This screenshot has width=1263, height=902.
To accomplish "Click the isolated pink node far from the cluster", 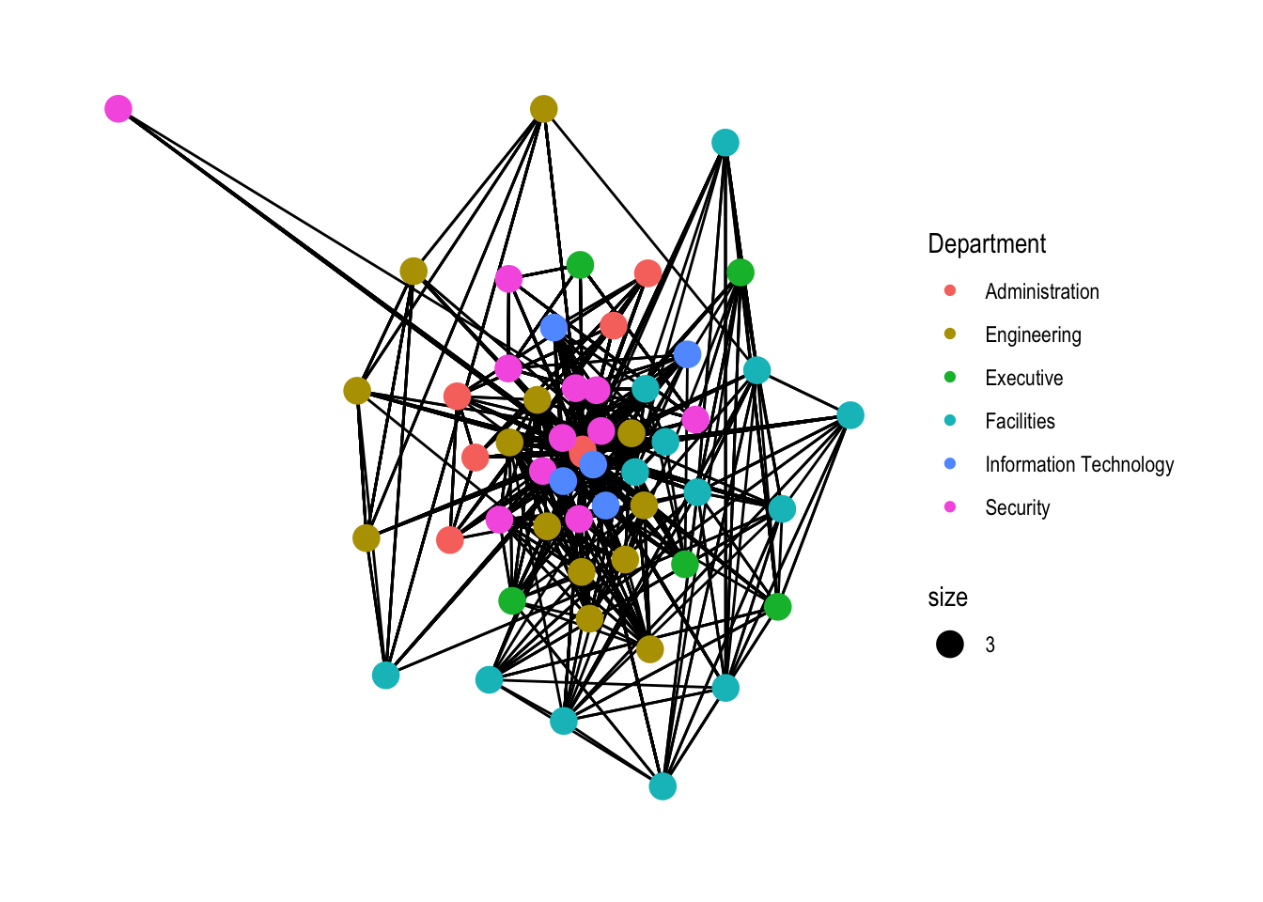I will point(117,109).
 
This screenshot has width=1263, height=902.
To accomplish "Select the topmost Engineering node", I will point(543,109).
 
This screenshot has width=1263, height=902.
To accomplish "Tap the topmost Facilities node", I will point(725,143).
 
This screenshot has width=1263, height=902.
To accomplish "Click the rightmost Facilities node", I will point(850,414).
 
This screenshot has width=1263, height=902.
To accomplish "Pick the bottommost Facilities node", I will point(663,786).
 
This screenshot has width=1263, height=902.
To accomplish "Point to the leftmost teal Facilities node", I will point(385,675).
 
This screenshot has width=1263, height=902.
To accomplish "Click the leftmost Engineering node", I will point(357,390).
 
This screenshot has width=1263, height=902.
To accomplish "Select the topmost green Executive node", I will point(580,265).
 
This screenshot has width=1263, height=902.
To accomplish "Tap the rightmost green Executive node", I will point(777,606).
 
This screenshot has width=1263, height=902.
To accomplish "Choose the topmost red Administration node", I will point(647,273).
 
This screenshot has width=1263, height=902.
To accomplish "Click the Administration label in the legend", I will point(1041,291).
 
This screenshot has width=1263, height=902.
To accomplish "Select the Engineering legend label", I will point(1033,334).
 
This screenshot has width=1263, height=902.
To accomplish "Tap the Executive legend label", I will point(1023,378).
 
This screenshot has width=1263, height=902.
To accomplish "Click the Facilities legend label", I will point(1020,421).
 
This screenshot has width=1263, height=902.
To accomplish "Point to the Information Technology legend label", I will point(1079,464).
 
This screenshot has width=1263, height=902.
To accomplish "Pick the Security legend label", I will point(1017,507).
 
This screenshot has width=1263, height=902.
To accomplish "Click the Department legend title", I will point(987,244).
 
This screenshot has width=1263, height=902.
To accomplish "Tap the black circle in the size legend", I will point(950,645).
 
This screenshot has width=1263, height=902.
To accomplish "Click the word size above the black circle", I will point(947,598).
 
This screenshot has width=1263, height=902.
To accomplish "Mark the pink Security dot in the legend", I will point(950,507).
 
